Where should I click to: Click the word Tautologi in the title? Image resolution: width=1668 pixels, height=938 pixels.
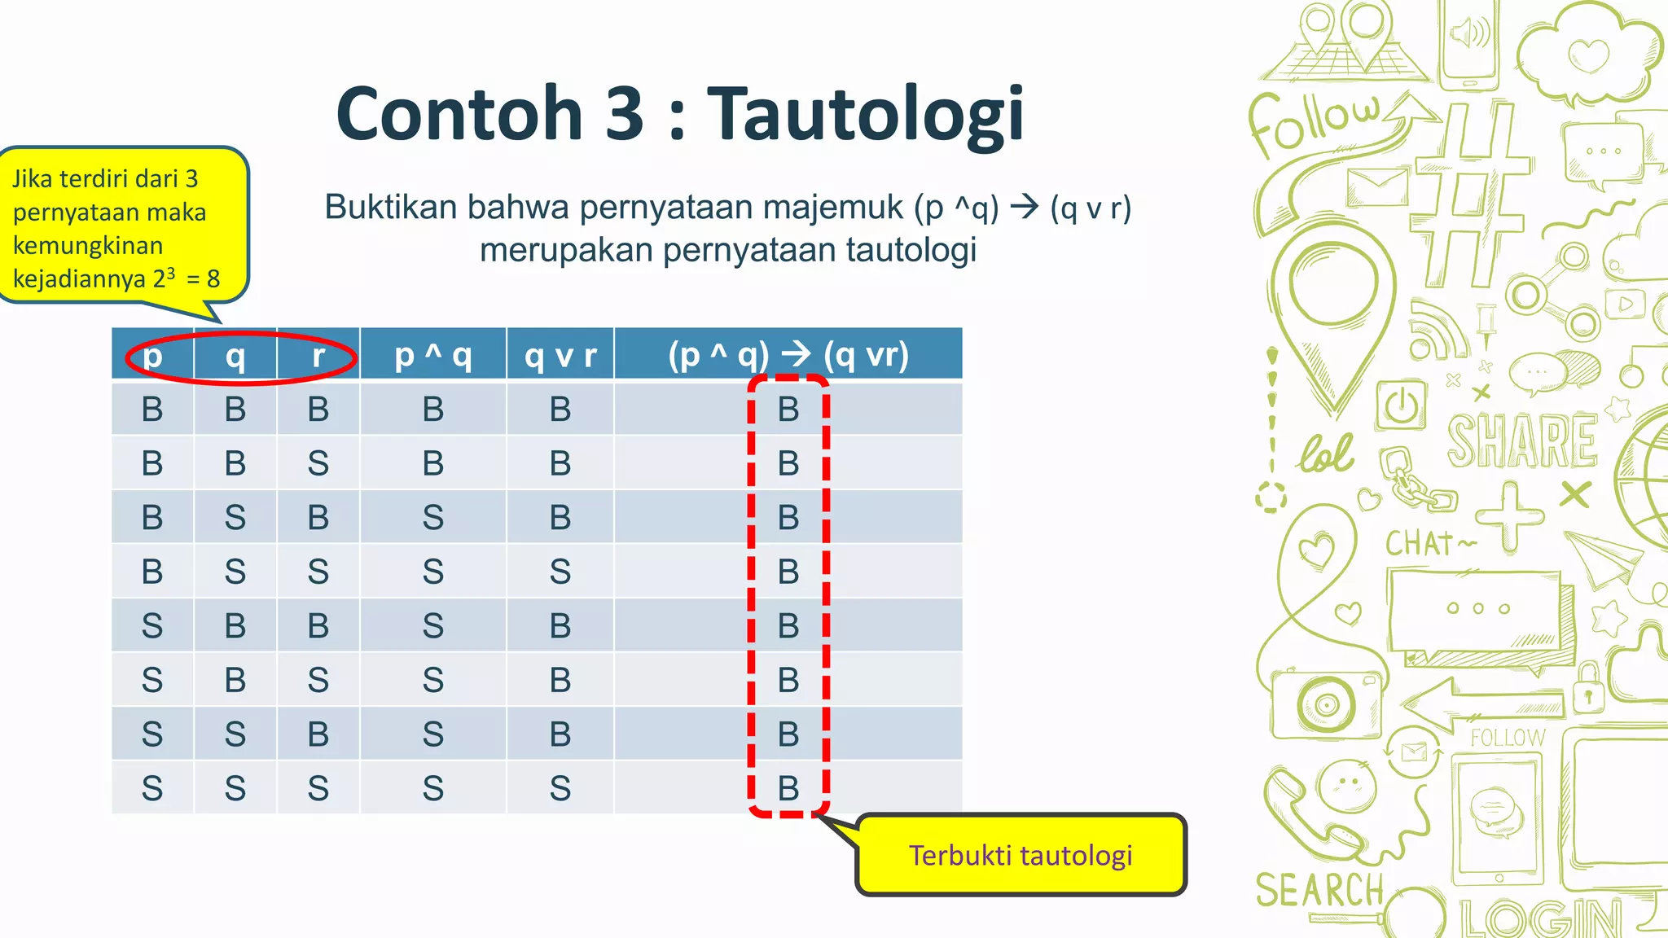[x=865, y=114]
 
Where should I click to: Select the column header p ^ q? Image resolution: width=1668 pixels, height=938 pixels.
[x=432, y=355]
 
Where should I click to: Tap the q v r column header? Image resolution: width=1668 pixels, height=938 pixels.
[x=560, y=355]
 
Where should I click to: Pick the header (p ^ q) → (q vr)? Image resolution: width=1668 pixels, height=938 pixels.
[x=788, y=355]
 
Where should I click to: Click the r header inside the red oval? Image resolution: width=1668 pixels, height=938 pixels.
[x=318, y=355]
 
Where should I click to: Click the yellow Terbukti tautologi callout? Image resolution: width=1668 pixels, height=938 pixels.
[x=1021, y=855]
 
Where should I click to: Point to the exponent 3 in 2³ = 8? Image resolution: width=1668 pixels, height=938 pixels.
[x=171, y=272]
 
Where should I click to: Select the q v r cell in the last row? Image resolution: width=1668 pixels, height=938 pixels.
[x=560, y=788]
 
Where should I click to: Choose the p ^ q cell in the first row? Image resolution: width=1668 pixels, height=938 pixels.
[x=432, y=409]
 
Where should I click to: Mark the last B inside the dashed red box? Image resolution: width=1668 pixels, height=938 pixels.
[x=788, y=788]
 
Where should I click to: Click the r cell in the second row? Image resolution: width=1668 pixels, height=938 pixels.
[x=318, y=463]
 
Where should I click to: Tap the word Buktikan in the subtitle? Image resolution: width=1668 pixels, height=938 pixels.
[x=391, y=208]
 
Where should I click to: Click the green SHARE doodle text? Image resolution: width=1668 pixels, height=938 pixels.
[x=1521, y=441]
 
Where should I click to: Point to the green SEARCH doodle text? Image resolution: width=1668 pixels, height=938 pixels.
[x=1319, y=890]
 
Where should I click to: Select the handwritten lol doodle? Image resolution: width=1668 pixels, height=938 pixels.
[x=1326, y=454]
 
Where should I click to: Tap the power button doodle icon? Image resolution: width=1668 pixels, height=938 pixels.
[x=1401, y=405]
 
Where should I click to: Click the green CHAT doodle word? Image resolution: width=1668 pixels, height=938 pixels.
[x=1421, y=543]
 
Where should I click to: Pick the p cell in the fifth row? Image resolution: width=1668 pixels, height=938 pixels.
[x=152, y=626]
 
